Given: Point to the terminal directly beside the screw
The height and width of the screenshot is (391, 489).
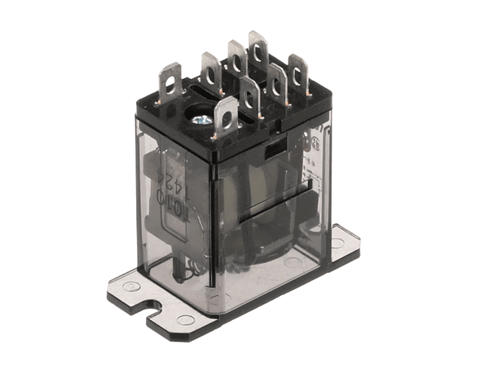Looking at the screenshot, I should point(226,116).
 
